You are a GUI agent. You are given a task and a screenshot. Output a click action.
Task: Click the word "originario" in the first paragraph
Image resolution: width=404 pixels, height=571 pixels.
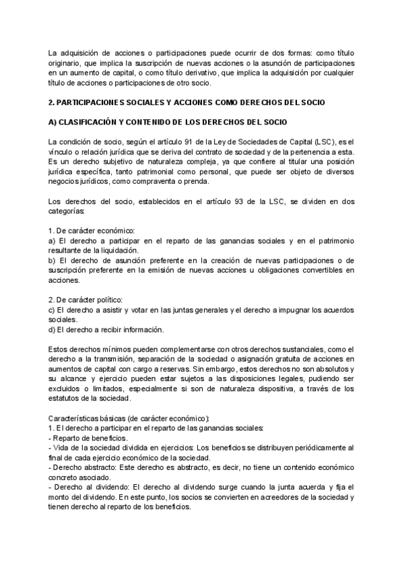point(67,63)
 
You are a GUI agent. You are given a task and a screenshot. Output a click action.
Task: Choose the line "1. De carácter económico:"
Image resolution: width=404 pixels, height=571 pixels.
point(88,230)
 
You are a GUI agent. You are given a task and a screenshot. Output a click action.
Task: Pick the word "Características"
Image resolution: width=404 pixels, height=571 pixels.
point(75,418)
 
